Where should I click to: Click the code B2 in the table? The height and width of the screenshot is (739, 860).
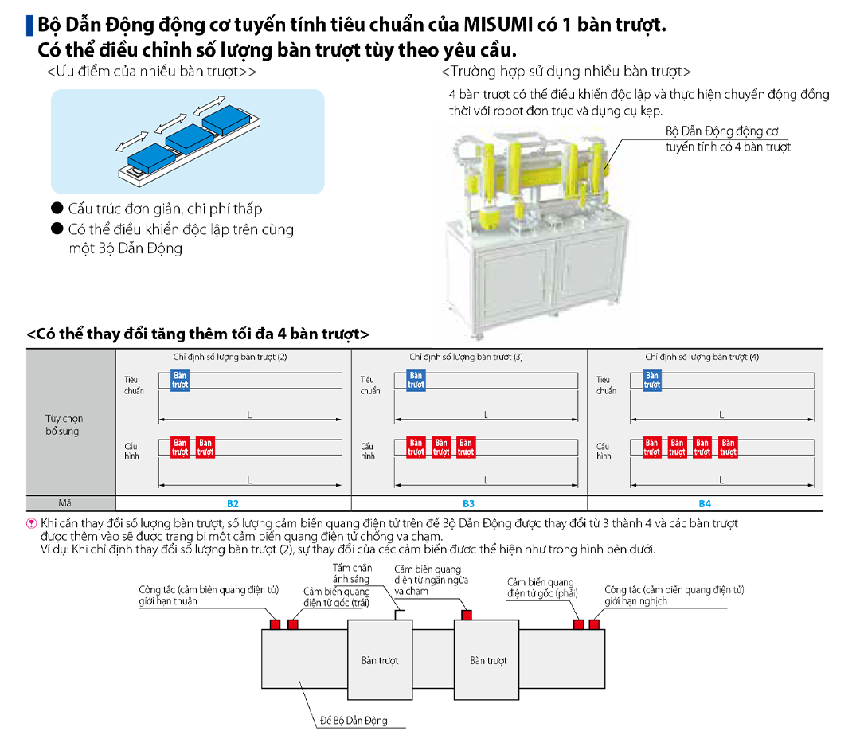tap(233, 503)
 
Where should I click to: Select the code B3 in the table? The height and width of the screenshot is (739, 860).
tap(468, 503)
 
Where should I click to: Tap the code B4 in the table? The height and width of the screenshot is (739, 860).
tap(705, 503)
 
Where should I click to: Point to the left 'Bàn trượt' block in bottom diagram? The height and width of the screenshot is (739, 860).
tap(380, 659)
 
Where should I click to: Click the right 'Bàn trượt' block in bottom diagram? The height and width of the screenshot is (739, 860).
tap(487, 659)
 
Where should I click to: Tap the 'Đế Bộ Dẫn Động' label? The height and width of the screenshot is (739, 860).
tap(354, 720)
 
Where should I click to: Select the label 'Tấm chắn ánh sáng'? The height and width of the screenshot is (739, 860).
tap(352, 573)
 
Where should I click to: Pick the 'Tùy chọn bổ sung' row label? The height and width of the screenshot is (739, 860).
tap(64, 424)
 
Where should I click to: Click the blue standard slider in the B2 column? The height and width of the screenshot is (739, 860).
tap(180, 380)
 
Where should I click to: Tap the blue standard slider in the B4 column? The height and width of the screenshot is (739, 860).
tap(652, 380)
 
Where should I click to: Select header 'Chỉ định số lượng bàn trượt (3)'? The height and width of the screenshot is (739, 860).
tap(466, 357)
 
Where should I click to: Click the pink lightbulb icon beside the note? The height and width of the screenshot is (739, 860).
tap(32, 523)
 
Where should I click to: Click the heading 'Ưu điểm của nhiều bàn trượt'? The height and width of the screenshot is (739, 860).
tap(151, 72)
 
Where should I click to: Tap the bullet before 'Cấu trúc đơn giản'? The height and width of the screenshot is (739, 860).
tap(57, 209)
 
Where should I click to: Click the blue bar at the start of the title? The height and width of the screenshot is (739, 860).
tap(30, 25)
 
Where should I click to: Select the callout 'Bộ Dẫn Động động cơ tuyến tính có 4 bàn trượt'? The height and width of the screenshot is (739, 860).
tap(728, 139)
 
